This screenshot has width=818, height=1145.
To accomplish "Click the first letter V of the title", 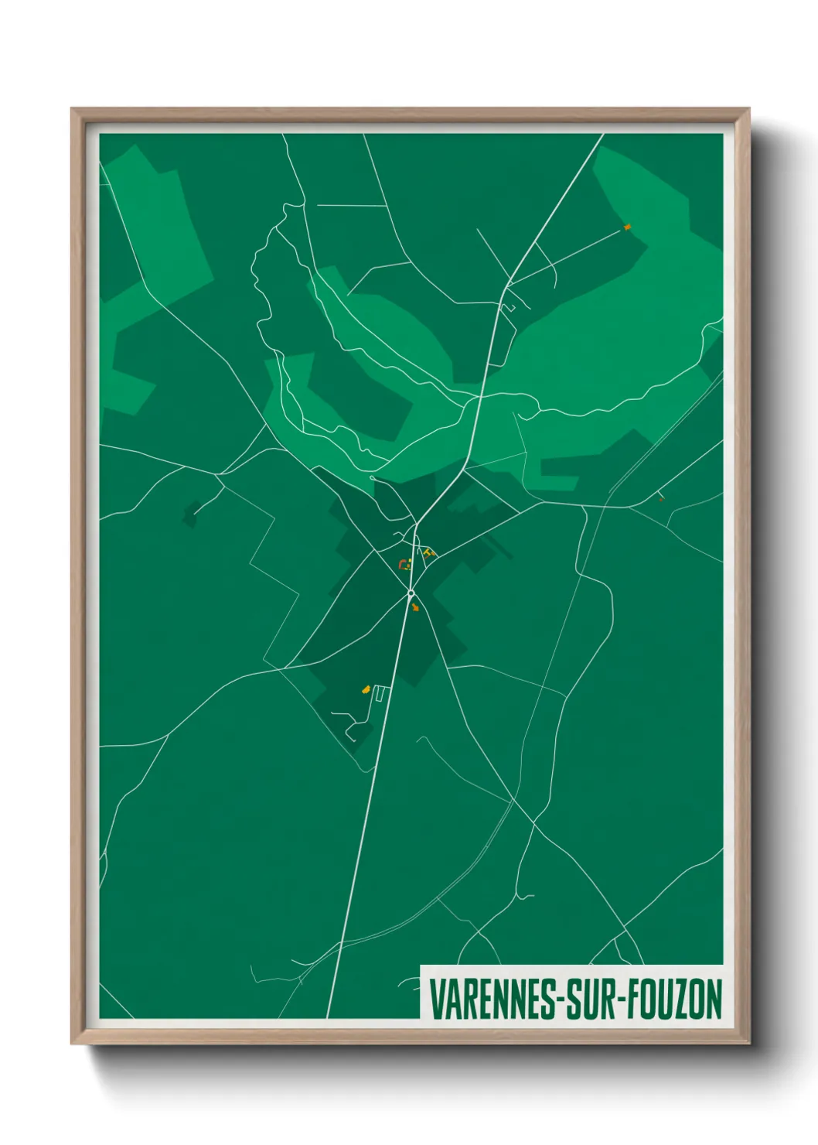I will coord(437,999).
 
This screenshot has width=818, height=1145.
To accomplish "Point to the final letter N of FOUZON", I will coord(714,999).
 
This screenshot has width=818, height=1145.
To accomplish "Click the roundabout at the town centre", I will coord(411,593).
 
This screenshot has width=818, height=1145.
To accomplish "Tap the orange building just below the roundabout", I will coord(416,608).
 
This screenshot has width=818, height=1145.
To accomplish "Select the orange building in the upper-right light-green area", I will coord(627,227).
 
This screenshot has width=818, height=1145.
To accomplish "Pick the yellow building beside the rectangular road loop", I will coord(366,689).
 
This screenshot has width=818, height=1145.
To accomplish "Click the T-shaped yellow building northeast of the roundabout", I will coord(428,552).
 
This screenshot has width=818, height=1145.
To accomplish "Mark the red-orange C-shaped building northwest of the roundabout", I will coord(402,564).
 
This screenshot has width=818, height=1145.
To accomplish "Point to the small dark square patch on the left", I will coord(190,514).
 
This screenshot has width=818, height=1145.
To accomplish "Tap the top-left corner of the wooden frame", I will coord(73,110).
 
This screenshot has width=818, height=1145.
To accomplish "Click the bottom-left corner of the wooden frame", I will coord(73,1043).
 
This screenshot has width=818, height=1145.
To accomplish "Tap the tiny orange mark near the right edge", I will coord(660,498).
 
